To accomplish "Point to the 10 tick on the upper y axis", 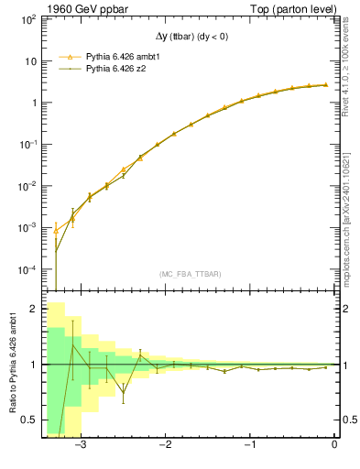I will point(31,61).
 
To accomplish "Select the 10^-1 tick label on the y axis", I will point(29,145).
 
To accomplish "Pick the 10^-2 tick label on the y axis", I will point(29,186).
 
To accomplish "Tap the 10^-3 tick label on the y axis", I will point(29,228).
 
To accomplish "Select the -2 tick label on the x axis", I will point(166,445).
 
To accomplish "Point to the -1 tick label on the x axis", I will point(250,445).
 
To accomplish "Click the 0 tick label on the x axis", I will point(334,445).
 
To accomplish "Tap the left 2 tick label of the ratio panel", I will point(34,310).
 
